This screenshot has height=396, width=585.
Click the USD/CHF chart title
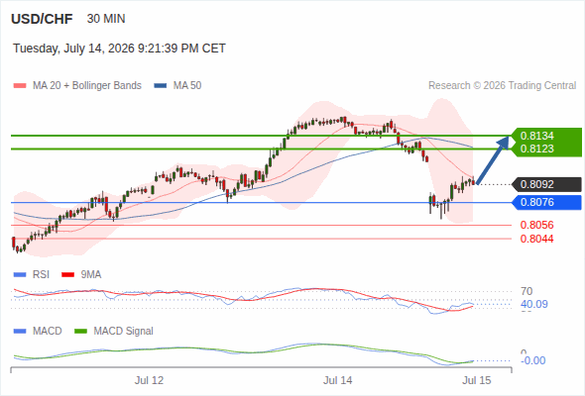[42, 19]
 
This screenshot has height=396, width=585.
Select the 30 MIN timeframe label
[106, 19]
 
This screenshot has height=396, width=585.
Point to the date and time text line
[119, 49]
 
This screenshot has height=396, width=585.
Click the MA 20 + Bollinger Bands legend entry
[77, 86]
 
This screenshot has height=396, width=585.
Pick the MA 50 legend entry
[177, 86]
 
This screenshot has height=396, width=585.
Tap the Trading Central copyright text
[502, 86]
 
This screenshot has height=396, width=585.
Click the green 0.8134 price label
[536, 136]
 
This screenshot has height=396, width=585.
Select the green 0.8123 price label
[536, 148]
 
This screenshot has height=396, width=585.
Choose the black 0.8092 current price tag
[546, 184]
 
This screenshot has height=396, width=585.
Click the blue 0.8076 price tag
[546, 202]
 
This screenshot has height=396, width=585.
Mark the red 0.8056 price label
[536, 225]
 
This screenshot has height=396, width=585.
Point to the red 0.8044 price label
[536, 239]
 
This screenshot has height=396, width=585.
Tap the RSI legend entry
[32, 274]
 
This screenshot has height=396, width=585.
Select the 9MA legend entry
[81, 274]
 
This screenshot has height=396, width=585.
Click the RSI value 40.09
[534, 304]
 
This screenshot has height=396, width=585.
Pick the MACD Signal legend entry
[114, 331]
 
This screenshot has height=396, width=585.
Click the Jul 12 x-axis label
[150, 380]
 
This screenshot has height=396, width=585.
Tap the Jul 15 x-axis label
[477, 380]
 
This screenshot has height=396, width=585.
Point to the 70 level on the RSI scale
[526, 291]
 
